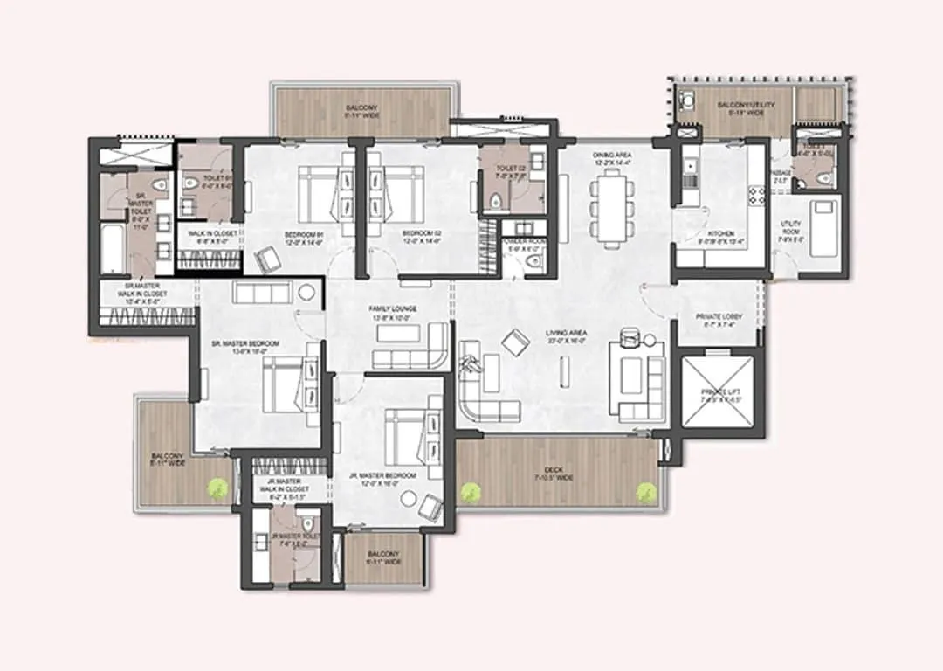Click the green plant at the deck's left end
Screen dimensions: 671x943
click(x=472, y=491)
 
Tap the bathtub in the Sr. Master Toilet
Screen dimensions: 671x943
click(x=114, y=250)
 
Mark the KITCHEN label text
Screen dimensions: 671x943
click(x=721, y=234)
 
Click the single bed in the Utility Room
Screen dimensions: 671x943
click(x=822, y=227)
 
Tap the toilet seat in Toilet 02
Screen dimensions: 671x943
click(x=496, y=203)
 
